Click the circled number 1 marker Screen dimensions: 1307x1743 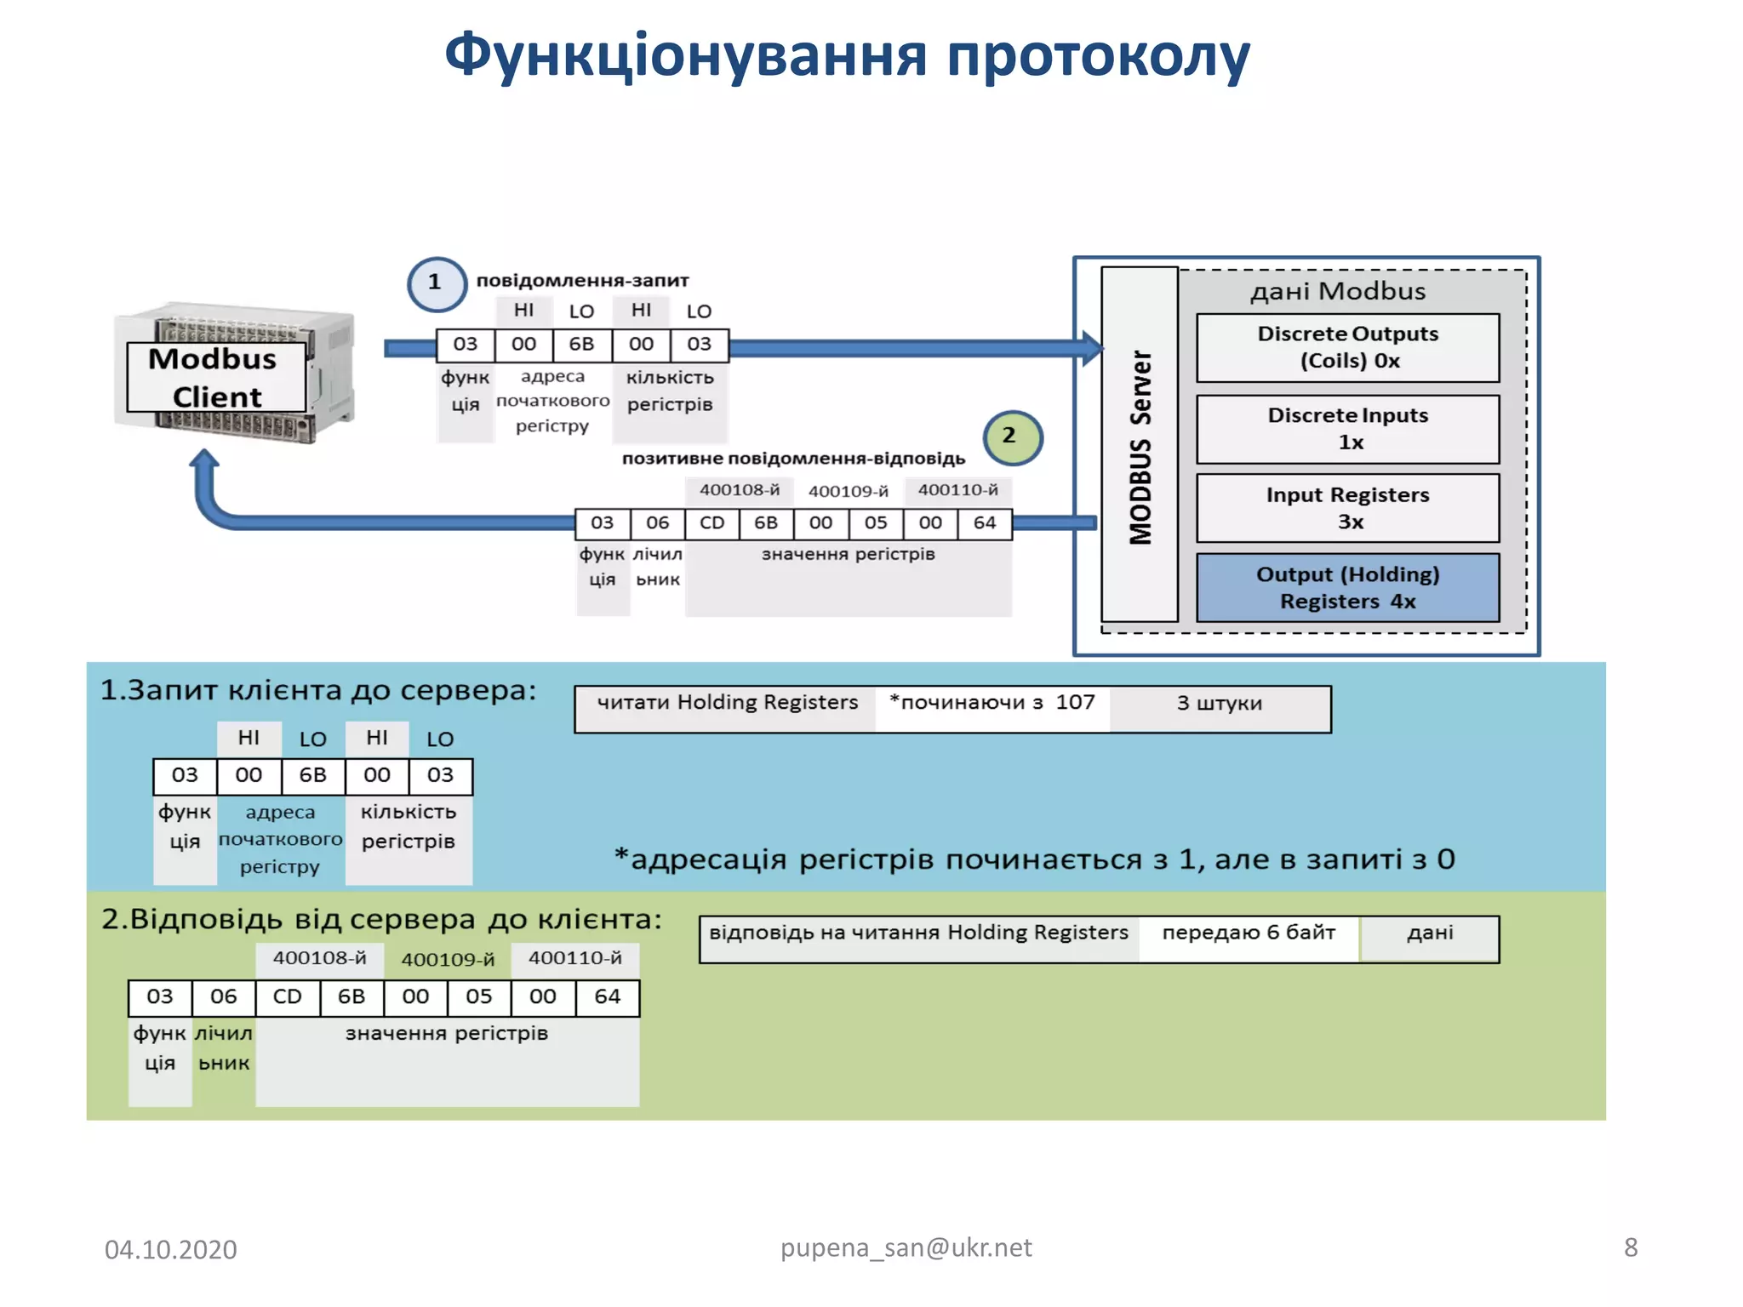pos(436,283)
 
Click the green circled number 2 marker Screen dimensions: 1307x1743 pos(1011,437)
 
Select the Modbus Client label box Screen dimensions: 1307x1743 pos(215,378)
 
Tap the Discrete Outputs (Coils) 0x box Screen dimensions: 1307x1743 pos(1347,347)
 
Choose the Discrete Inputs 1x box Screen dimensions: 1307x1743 pos(1347,429)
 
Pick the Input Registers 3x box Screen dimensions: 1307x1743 pos(1347,508)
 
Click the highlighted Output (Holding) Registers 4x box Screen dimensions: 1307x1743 pos(1347,588)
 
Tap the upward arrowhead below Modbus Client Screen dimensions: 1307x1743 pos(204,460)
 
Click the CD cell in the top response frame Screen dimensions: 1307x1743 pos(711,523)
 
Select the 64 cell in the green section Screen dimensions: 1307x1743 pos(607,997)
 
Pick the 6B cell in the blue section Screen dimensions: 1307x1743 pos(312,776)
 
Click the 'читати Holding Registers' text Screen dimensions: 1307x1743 pos(727,703)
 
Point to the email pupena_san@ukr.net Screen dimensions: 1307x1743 pos(906,1247)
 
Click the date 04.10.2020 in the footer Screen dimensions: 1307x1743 pos(170,1249)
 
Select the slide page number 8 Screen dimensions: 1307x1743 pos(1630,1247)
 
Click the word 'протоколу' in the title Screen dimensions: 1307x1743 pos(1098,56)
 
